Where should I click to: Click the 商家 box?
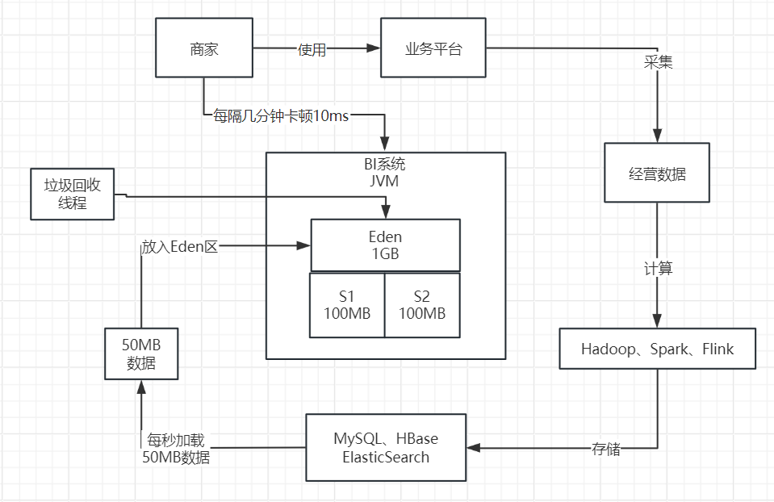(x=204, y=49)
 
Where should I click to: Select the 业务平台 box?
(x=433, y=49)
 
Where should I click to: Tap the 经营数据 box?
(x=657, y=173)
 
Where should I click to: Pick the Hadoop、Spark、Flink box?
(x=657, y=349)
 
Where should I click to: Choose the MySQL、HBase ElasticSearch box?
(x=386, y=448)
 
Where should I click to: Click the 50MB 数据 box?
(x=141, y=353)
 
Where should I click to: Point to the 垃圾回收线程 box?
(x=72, y=195)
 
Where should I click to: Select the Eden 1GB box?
(x=385, y=245)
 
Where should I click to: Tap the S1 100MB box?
(x=347, y=305)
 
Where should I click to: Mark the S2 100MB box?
(x=422, y=305)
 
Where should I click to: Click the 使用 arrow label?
(x=312, y=50)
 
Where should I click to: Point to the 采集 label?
(x=658, y=62)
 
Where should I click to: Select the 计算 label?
(x=658, y=269)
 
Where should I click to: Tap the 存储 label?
(x=606, y=449)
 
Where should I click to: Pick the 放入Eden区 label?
(x=180, y=246)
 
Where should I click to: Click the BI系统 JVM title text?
(x=385, y=173)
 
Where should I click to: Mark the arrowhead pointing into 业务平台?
(x=374, y=49)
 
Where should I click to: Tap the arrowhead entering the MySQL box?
(x=474, y=448)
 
